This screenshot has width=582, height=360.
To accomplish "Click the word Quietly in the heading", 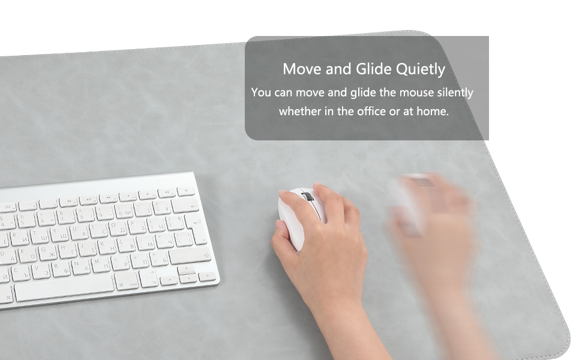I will [x=419, y=70].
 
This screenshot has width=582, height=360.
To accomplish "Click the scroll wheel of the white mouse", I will [x=307, y=197].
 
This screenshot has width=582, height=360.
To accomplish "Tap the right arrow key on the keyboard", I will [x=207, y=277].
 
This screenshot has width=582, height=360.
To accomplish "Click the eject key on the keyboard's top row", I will [x=186, y=191].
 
